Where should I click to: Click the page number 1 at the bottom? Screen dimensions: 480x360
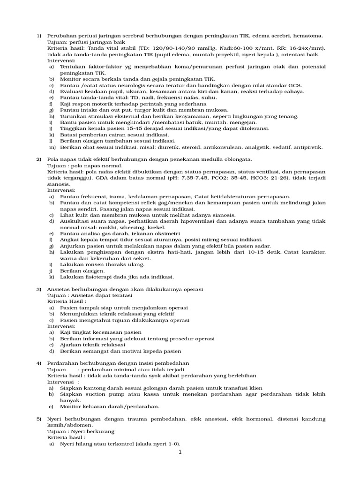point(180,453)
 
